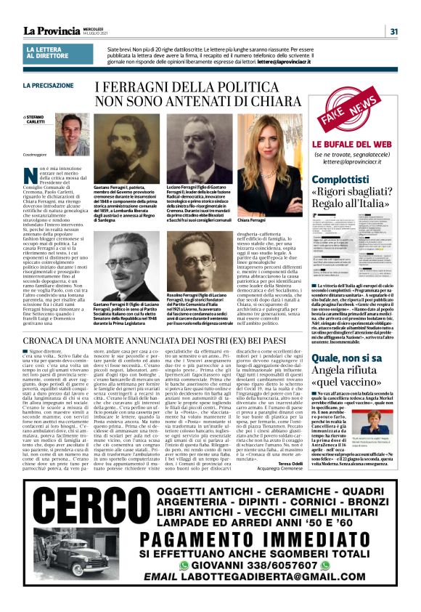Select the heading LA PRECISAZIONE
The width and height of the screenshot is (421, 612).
pyautogui.click(x=48, y=86)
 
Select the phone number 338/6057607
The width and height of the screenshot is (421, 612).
pyautogui.click(x=287, y=584)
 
